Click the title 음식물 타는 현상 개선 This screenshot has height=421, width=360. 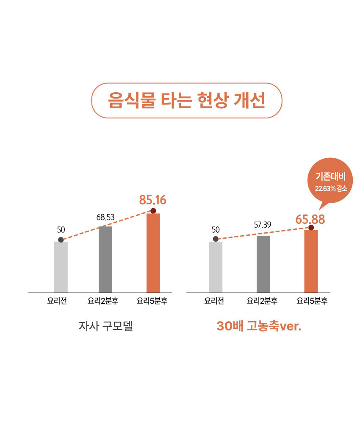(x=186, y=100)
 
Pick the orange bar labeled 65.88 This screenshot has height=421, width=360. (x=311, y=261)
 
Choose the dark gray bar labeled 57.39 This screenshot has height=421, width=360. (x=263, y=264)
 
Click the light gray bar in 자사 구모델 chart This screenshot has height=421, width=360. (x=61, y=267)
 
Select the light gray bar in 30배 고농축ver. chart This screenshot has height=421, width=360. (x=216, y=267)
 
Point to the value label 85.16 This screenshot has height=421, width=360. (x=152, y=200)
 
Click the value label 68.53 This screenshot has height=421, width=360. (x=105, y=217)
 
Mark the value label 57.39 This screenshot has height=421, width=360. (x=263, y=224)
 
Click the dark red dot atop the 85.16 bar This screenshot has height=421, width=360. (x=153, y=211)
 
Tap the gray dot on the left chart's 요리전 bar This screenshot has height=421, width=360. (x=61, y=240)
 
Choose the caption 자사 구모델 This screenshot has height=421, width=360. (x=105, y=326)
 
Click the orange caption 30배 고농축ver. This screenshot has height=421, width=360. (x=259, y=326)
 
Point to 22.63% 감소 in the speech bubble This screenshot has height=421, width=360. (x=331, y=188)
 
